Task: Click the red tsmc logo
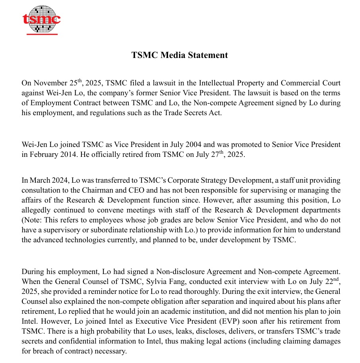(x=41, y=19)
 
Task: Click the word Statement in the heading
(x=209, y=55)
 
